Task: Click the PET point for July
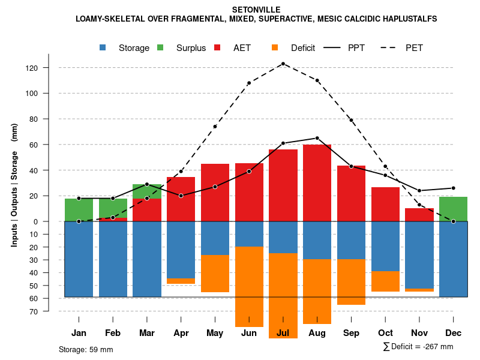[x=283, y=64]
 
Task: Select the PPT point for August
[x=317, y=138]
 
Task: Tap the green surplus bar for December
[x=454, y=209]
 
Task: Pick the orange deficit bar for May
[x=215, y=274]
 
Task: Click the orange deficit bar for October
[x=385, y=281]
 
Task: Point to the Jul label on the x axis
[x=283, y=333]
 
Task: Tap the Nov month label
[x=419, y=333]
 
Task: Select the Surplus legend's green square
[x=161, y=48]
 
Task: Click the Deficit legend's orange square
[x=275, y=48]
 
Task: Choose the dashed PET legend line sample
[x=391, y=48]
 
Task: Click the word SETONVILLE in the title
[x=256, y=10]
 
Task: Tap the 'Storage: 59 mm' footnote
[x=86, y=349]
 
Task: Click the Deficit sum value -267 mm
[x=434, y=347]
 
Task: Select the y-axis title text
[x=14, y=185]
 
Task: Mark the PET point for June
[x=249, y=83]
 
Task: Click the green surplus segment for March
[x=147, y=191]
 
